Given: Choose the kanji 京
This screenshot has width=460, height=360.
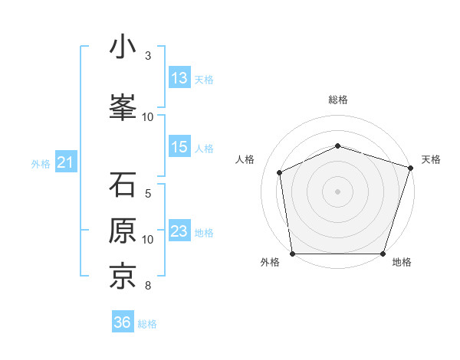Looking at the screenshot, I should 123,277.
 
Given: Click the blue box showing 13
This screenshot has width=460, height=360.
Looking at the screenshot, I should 179,78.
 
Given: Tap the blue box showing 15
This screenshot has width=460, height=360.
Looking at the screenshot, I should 179,147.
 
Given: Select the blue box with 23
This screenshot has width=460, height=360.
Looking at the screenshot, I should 179,231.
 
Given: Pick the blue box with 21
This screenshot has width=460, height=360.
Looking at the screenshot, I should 64,162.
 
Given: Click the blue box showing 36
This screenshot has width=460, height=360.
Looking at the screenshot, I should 123,322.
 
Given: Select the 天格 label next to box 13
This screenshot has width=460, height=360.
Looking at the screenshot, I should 204,79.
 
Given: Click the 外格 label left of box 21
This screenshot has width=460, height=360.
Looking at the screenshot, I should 41,163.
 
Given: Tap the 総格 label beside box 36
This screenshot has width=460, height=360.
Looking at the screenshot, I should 147,323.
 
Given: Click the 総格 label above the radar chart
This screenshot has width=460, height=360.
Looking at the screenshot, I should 337,100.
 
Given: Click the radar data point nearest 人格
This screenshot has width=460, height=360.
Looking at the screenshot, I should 280,172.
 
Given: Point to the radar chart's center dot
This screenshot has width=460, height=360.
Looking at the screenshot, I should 337,191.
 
